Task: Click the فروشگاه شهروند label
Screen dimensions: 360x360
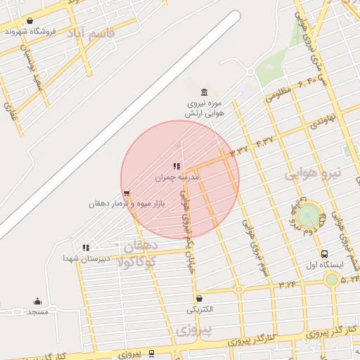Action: (27, 32)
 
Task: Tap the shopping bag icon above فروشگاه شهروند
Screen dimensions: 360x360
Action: (29, 21)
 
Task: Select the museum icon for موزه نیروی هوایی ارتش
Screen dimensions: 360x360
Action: (204, 93)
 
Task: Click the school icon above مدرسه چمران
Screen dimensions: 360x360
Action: (177, 167)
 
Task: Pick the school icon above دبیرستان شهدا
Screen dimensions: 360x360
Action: (86, 247)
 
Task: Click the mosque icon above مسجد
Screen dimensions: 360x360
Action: (37, 301)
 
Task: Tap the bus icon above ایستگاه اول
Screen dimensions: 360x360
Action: (324, 254)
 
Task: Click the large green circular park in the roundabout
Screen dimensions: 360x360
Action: (307, 217)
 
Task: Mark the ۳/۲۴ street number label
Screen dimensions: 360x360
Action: (288, 284)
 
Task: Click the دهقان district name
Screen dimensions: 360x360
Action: (139, 246)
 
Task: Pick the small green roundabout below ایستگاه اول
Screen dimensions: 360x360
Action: (331, 279)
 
